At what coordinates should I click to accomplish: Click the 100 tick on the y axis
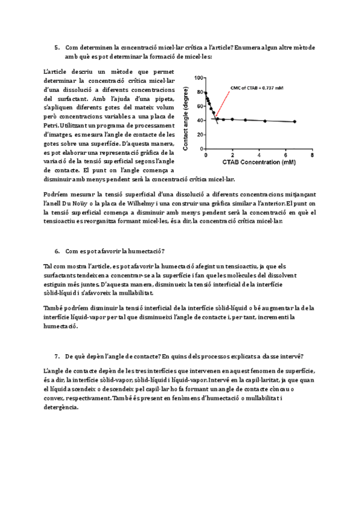click(199, 77)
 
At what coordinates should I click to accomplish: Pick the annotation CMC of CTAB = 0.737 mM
click(257, 88)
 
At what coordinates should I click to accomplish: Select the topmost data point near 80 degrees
click(206, 93)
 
